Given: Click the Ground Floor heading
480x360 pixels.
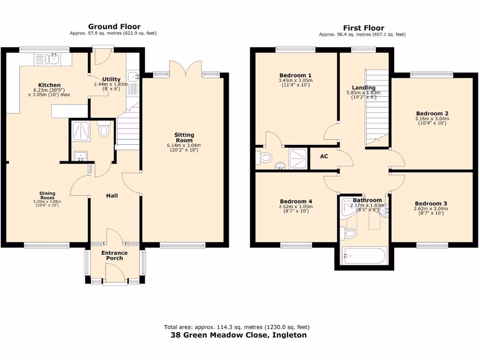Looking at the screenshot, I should coord(114,27).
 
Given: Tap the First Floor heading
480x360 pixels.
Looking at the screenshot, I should coord(363,28).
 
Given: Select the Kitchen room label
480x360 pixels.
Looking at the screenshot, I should coord(49,85).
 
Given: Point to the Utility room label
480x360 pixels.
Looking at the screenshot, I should coord(111,79).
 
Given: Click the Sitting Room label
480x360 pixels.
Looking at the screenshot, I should coord(184,137).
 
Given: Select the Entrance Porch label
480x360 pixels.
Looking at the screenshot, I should coord(115,255).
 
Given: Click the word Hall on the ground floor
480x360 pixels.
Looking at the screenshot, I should coord(111,195).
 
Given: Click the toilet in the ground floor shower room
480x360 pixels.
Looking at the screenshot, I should coord(104,131).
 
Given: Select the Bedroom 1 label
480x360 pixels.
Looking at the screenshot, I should coord(295,75).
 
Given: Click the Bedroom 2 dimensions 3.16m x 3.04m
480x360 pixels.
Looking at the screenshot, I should coord(432,119).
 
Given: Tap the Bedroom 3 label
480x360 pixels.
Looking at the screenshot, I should coord(430,203).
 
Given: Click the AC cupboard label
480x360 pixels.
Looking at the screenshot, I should coord(324,157).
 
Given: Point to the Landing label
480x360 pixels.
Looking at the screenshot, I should coord(364,88).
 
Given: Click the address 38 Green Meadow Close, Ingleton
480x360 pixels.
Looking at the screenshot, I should coord(238,335).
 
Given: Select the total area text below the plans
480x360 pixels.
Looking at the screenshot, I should coord(237,327).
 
